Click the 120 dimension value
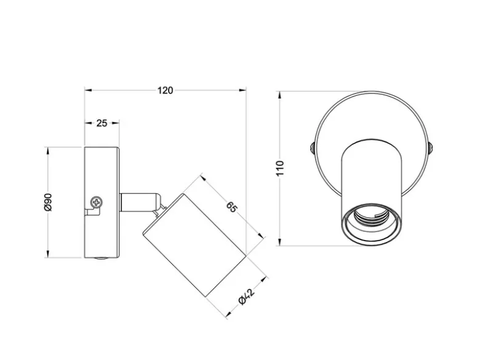pyautogui.click(x=166, y=90)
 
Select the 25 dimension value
pyautogui.click(x=102, y=123)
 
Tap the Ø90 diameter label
pyautogui.click(x=49, y=202)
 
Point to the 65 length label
pyautogui.click(x=232, y=207)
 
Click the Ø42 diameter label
pyautogui.click(x=246, y=297)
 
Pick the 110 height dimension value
pyautogui.click(x=280, y=168)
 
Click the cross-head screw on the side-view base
pyautogui.click(x=97, y=202)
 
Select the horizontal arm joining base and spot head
pyautogui.click(x=139, y=202)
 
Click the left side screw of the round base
pyautogui.click(x=312, y=148)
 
